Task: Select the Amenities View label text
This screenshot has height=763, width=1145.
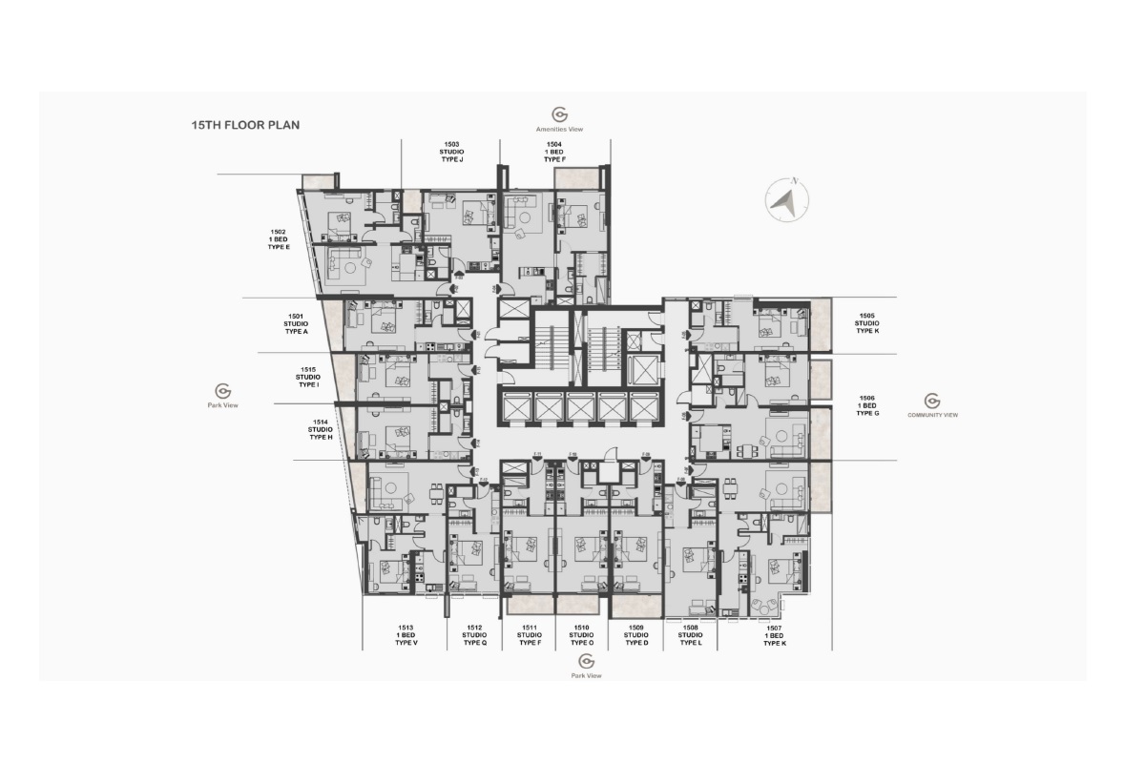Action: point(560,129)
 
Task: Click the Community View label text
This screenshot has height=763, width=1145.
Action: point(932,415)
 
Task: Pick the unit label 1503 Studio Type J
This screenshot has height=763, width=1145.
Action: point(451,151)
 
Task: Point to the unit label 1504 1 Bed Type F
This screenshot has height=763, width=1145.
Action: point(554,151)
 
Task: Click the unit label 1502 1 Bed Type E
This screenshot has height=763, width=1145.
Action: point(279,239)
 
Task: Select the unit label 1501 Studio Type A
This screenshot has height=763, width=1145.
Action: point(296,323)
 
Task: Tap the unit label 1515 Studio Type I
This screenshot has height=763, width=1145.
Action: point(307,377)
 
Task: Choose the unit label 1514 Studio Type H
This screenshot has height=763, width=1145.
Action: point(320,429)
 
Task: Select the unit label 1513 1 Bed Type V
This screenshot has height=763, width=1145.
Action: point(406,635)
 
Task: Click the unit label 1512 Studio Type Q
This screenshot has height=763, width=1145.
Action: point(474,635)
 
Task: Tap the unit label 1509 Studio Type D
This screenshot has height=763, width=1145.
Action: point(636,635)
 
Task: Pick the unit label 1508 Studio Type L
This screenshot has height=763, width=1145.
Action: point(691,635)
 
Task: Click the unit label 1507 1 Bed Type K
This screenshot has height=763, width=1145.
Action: point(774,635)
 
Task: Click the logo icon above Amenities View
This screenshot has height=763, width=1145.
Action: point(560,114)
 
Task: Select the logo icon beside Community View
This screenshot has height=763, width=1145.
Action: point(932,401)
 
